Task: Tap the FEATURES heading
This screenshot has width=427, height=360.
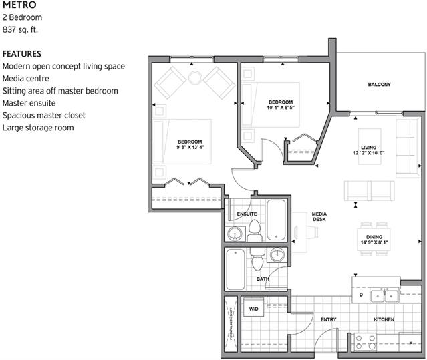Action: click(22, 54)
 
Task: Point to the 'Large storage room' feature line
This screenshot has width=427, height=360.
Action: click(38, 127)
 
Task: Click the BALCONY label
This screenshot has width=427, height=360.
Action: click(379, 85)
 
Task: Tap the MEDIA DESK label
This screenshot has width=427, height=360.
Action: click(319, 218)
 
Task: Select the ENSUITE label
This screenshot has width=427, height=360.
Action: click(247, 214)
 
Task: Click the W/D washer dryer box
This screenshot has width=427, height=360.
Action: click(254, 309)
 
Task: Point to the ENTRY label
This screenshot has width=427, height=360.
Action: click(328, 320)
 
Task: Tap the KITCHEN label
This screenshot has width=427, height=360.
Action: click(384, 320)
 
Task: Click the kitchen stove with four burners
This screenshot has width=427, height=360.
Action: click(366, 342)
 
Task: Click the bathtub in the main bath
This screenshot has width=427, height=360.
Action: click(235, 269)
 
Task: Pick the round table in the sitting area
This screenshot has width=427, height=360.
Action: click(194, 78)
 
